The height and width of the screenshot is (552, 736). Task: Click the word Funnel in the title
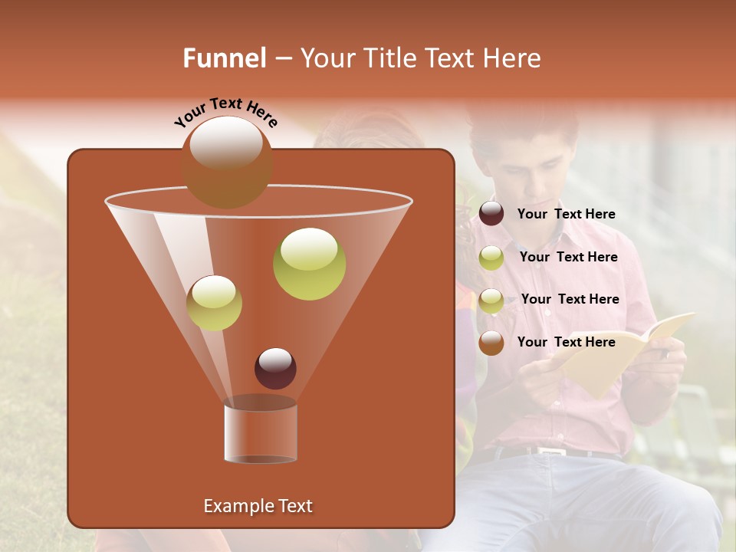click(x=225, y=58)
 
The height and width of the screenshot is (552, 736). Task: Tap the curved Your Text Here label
click(x=226, y=113)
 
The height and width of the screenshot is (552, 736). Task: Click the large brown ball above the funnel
click(x=226, y=162)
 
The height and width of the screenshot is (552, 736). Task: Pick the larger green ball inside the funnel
click(x=309, y=264)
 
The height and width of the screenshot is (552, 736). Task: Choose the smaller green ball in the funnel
click(x=215, y=303)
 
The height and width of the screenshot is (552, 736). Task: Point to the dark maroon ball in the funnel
click(x=275, y=369)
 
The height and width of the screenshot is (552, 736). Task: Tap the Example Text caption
click(x=258, y=506)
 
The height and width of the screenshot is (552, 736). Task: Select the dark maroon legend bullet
click(x=491, y=214)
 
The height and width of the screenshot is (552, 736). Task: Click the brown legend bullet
click(x=491, y=343)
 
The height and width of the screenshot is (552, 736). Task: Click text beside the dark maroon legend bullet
click(x=566, y=215)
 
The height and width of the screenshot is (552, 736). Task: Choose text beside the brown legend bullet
click(x=566, y=342)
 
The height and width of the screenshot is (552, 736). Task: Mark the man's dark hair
click(x=529, y=127)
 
